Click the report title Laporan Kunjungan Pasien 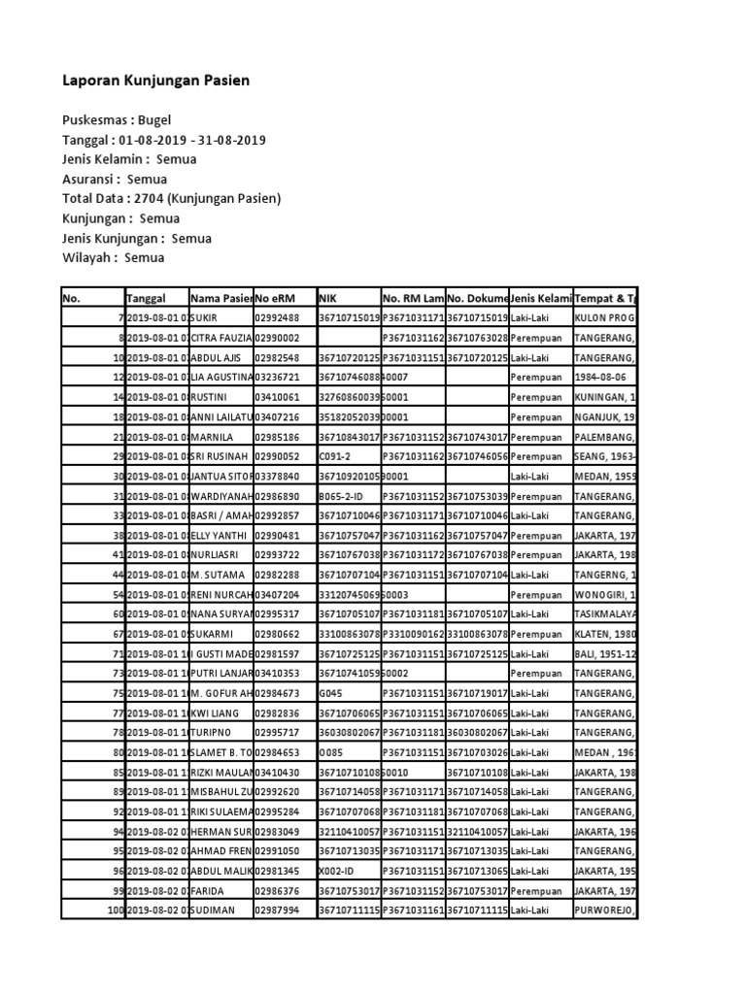click(x=155, y=81)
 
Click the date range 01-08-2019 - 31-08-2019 click(x=199, y=141)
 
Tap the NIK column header click(x=327, y=298)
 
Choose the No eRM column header click(x=278, y=298)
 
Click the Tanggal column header click(x=147, y=298)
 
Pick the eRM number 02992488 click(x=278, y=317)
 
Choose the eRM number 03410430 click(x=278, y=772)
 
